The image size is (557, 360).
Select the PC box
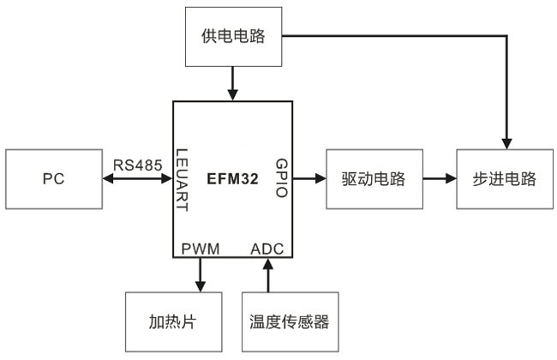[x=54, y=179]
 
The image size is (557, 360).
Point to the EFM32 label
[x=232, y=179]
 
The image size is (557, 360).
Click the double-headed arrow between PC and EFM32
[x=138, y=179]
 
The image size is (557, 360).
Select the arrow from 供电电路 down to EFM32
[x=233, y=84]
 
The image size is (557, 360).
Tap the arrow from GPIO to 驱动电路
[x=309, y=179]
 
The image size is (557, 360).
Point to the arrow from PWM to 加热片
[x=201, y=274]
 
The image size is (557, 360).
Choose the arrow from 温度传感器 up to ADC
[x=268, y=276]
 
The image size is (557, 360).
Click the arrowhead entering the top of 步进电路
[x=507, y=142]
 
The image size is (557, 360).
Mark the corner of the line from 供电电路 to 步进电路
[x=507, y=36]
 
